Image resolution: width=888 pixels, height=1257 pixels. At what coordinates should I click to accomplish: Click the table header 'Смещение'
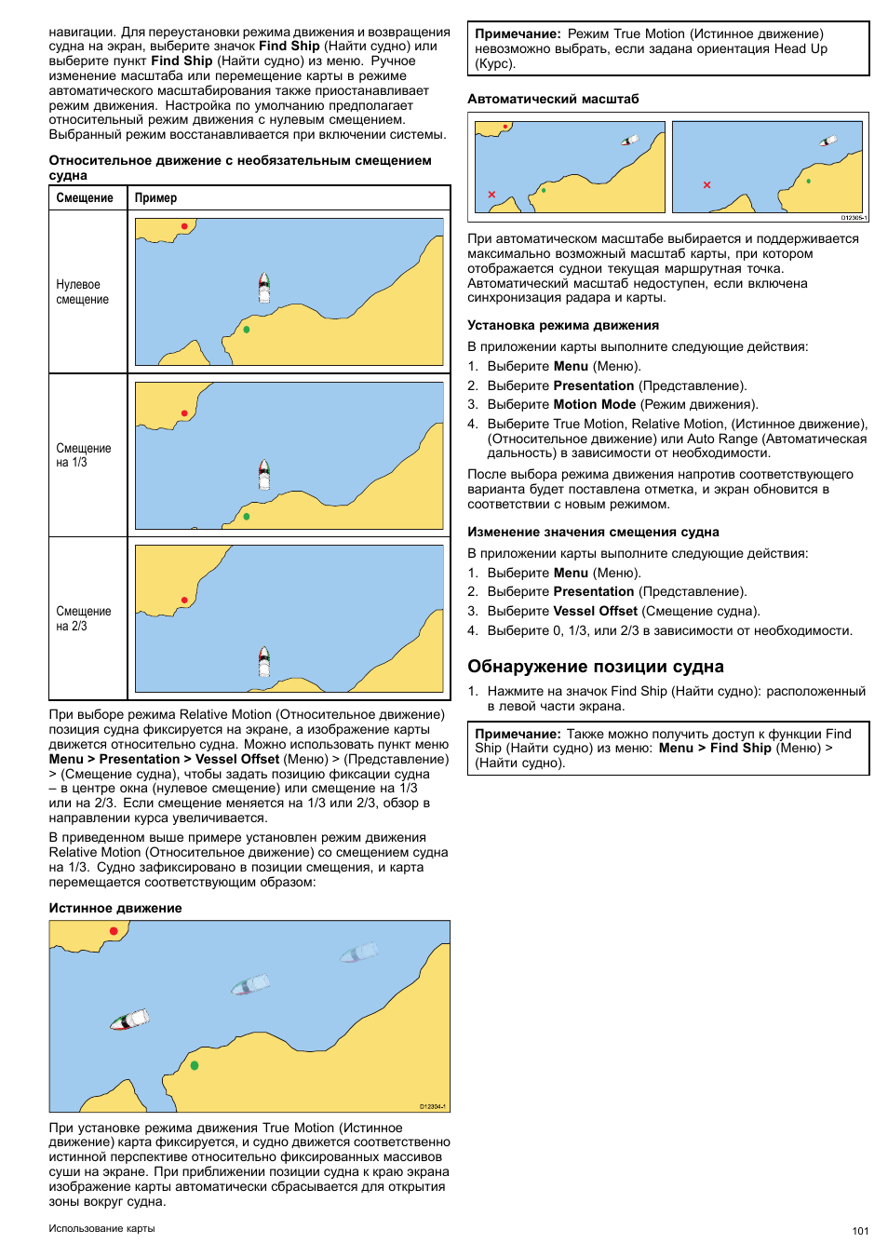coord(85,198)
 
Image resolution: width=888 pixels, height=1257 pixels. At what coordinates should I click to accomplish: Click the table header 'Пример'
coord(155,198)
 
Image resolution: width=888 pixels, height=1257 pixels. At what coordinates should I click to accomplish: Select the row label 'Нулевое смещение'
coord(83,292)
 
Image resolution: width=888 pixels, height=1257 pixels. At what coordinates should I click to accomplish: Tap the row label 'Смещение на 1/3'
coord(84,455)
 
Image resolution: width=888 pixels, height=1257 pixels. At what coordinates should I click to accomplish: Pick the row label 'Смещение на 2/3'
coord(84,619)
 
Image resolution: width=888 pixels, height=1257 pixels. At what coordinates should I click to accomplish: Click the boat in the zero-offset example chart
coord(264,288)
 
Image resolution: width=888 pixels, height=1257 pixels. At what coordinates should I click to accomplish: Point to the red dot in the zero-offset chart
coord(184,226)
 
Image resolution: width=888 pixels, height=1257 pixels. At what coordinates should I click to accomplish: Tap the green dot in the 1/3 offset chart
coord(247,516)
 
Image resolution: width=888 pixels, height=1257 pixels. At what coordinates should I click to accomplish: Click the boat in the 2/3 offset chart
coord(264,661)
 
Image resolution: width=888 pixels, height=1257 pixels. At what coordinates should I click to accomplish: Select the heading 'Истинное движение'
coord(115,908)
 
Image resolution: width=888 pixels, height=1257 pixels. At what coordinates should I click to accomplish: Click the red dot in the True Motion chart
coord(114,931)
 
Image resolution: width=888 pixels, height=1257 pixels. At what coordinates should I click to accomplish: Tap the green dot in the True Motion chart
coord(195,1065)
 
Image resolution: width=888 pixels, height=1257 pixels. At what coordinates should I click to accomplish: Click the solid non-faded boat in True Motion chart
coord(129,1020)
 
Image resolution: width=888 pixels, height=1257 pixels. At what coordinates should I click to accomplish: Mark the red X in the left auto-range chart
coord(491,195)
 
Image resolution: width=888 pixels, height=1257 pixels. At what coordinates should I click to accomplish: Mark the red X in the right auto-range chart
coord(707,185)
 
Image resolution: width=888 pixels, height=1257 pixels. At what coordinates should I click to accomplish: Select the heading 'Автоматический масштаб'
coord(553,99)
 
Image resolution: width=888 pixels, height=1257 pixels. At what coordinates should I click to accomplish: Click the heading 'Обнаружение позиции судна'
coord(596,667)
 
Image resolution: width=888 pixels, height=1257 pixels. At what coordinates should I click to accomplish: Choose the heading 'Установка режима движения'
coord(563,326)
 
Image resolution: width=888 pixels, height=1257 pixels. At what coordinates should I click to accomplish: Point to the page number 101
coord(860,1231)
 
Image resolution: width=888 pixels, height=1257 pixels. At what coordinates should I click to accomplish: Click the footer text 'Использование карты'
coord(102,1228)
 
